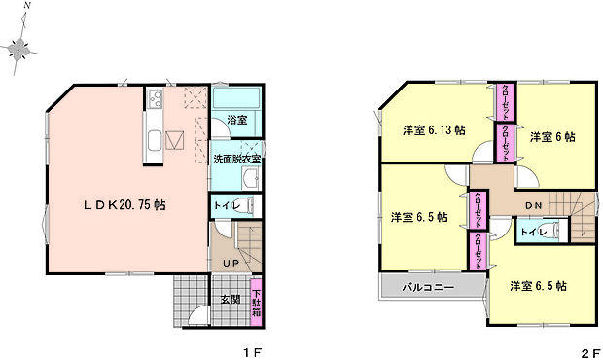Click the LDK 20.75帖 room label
[x=123, y=205]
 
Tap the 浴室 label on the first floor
[x=237, y=121]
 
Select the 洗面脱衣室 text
[x=236, y=158]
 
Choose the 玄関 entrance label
[x=230, y=299]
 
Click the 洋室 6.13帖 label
[x=434, y=129]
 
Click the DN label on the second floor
[x=534, y=205]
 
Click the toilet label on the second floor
[x=532, y=232]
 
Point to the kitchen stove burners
[x=156, y=98]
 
